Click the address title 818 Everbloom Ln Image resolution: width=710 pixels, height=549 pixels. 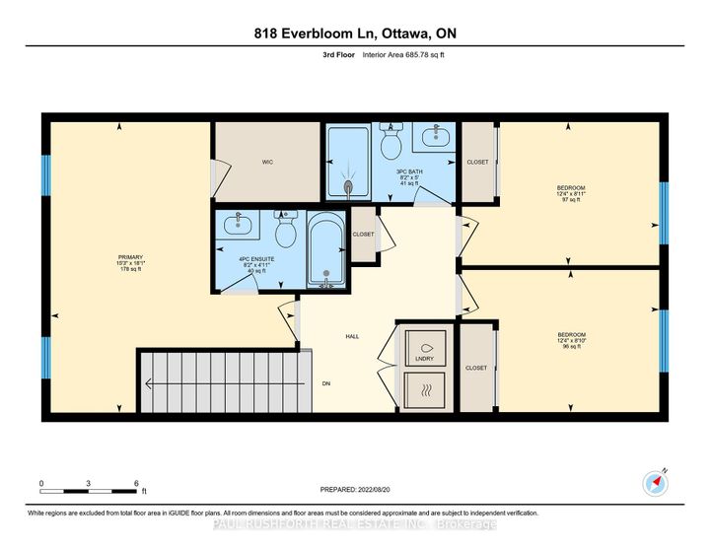click(354, 34)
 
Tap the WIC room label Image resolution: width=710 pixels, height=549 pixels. click(266, 161)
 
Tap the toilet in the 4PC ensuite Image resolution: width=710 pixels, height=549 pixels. click(286, 231)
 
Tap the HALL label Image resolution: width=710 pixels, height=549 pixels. click(352, 337)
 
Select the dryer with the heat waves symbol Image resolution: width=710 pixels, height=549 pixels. click(426, 390)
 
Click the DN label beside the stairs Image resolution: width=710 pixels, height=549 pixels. click(326, 383)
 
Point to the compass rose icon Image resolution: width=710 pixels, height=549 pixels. click(656, 482)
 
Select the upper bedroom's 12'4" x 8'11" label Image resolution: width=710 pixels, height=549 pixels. click(570, 193)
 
